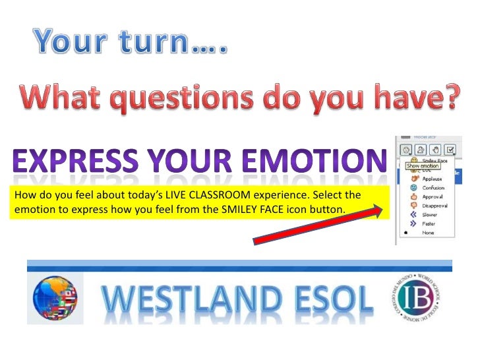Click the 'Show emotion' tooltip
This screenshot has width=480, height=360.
click(x=422, y=165)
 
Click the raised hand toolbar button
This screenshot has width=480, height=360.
click(x=435, y=150)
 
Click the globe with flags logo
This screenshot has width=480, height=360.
click(x=55, y=298)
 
